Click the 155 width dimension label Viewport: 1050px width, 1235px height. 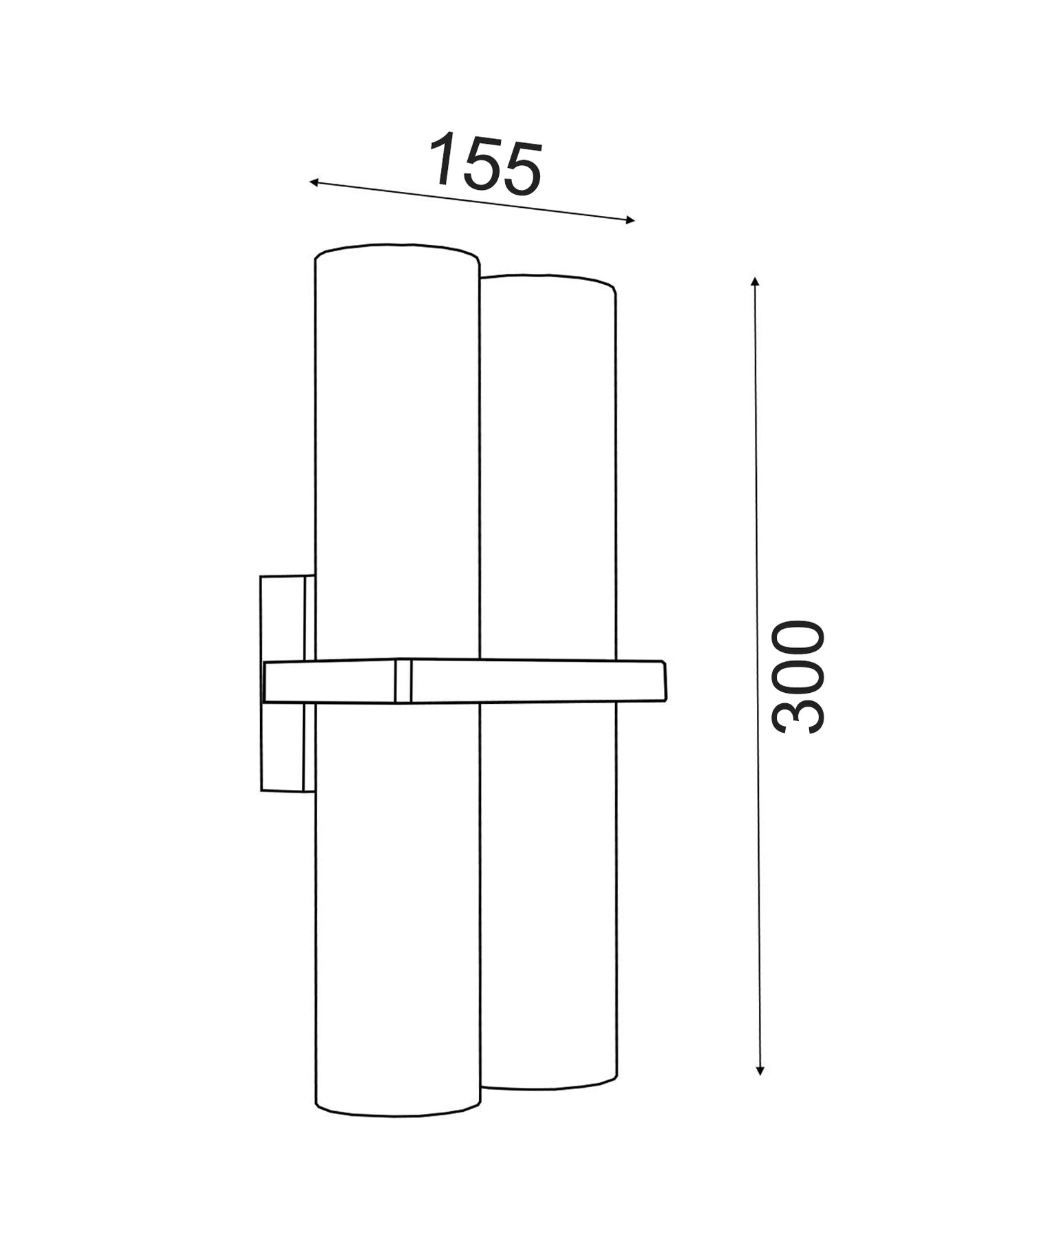tap(486, 164)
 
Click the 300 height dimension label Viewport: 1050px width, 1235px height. tap(798, 676)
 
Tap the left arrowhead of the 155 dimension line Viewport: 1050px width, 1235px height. tap(313, 182)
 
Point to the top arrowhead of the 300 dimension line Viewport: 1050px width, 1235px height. tap(755, 281)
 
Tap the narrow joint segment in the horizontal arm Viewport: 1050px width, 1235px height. tap(403, 681)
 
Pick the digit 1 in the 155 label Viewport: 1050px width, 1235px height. tap(444, 160)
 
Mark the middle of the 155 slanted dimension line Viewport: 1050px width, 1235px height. tap(471, 201)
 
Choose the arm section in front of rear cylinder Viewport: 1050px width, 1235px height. tap(548, 681)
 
